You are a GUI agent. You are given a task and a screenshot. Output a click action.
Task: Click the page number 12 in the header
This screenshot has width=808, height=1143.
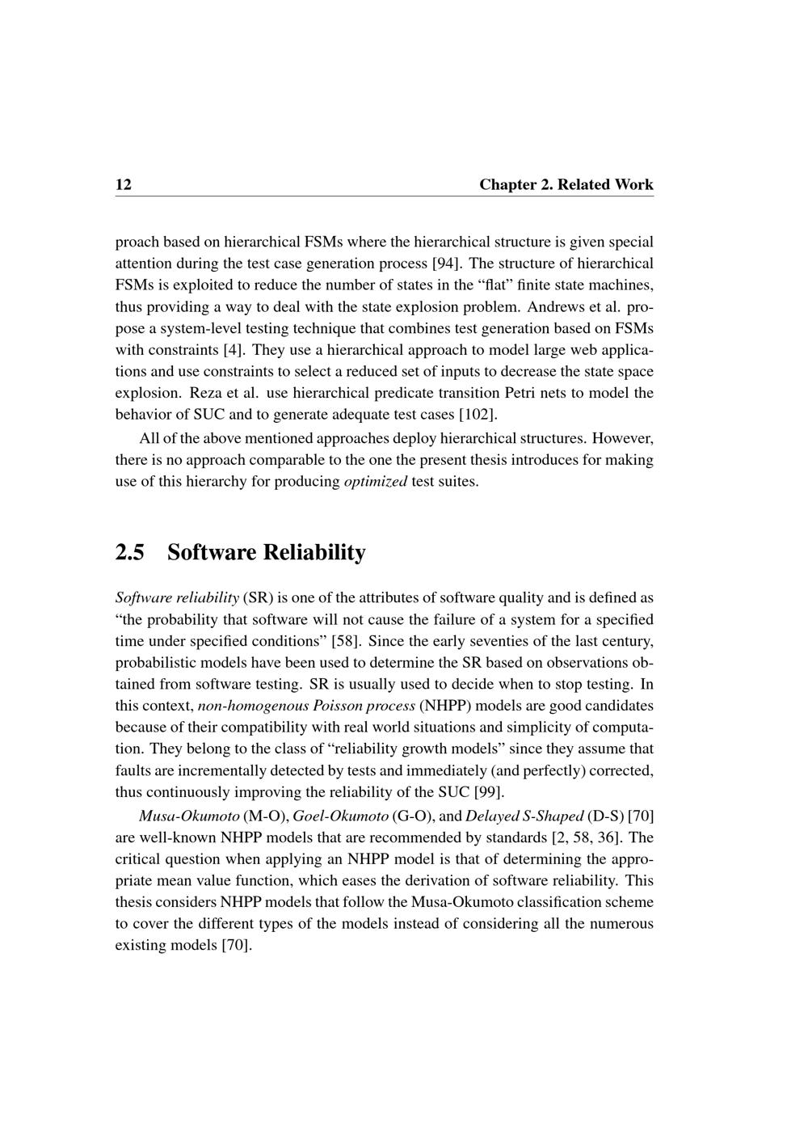124,185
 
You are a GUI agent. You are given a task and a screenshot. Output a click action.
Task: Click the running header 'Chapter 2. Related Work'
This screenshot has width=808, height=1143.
566,185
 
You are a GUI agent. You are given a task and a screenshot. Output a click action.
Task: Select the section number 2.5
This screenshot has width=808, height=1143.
130,553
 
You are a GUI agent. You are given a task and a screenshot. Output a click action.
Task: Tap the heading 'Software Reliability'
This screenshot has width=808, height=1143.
266,553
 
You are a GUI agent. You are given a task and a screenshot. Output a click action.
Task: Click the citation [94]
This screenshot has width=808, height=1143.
442,264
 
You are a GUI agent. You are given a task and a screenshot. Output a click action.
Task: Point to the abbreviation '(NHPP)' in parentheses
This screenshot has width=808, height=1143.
445,706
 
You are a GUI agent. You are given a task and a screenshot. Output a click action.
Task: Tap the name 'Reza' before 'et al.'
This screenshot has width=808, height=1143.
207,394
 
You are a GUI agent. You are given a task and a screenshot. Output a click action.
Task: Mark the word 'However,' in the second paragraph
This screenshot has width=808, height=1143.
623,438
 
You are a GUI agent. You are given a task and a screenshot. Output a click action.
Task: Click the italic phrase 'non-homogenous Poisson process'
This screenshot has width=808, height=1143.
306,706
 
